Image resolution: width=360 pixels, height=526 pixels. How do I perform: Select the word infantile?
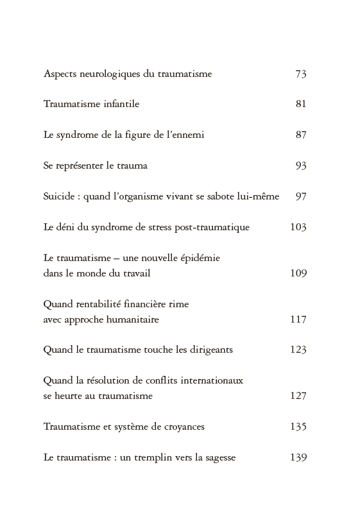tap(121, 104)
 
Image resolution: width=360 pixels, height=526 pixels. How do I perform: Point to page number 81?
tap(301, 104)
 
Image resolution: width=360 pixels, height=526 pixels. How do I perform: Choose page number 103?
tap(298, 227)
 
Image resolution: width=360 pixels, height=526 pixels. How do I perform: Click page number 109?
tap(298, 273)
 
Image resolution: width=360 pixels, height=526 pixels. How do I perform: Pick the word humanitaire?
tap(133, 319)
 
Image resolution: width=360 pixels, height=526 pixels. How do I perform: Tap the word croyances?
tap(181, 427)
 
